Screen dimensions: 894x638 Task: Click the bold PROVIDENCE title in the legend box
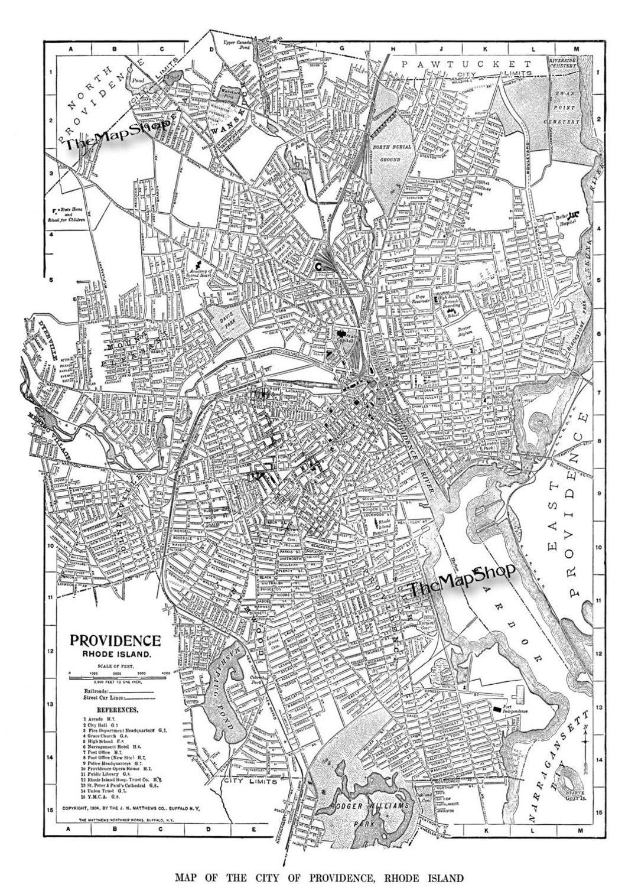coord(115,641)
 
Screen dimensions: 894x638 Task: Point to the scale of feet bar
coord(120,673)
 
